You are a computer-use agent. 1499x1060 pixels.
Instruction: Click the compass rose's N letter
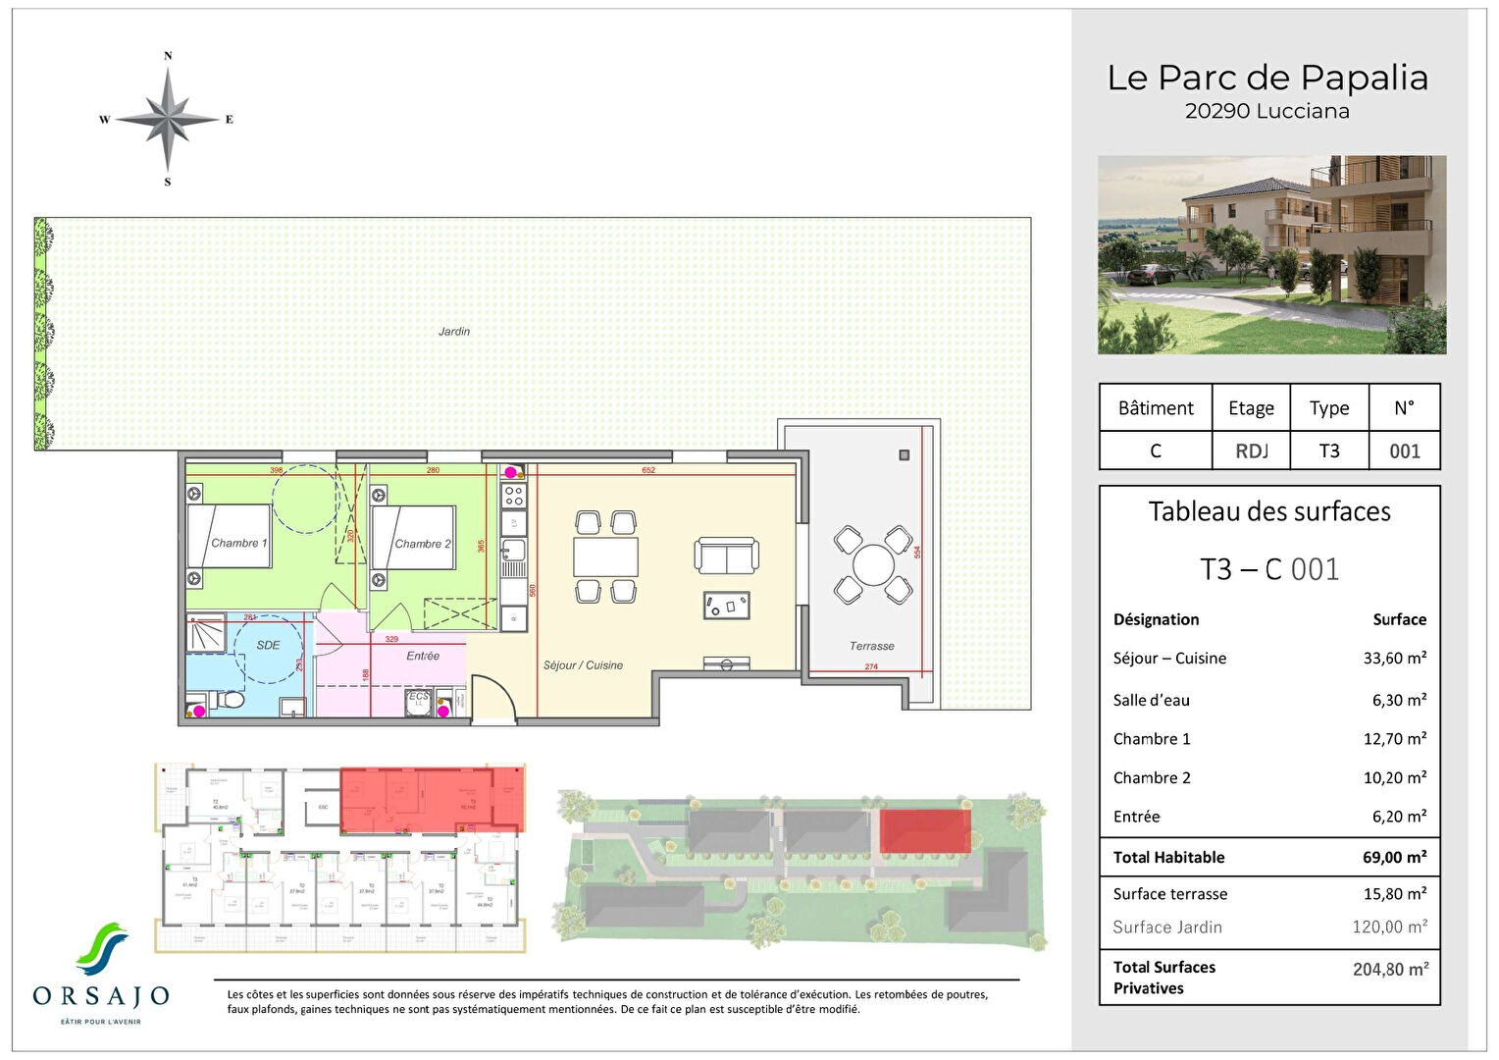click(x=168, y=56)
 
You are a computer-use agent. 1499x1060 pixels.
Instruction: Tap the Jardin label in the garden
click(x=453, y=332)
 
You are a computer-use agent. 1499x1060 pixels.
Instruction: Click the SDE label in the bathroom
click(x=268, y=645)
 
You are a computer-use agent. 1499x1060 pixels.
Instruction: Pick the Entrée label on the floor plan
click(x=423, y=656)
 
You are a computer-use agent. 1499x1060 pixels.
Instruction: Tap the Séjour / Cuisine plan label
click(x=583, y=665)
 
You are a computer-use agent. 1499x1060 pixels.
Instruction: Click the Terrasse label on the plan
click(x=871, y=646)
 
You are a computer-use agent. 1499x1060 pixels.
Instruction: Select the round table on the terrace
click(x=873, y=565)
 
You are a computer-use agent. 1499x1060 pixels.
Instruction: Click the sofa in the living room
click(x=726, y=556)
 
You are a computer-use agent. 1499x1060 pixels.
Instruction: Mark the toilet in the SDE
click(x=230, y=702)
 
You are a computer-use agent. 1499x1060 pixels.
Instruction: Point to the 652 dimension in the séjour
click(x=648, y=470)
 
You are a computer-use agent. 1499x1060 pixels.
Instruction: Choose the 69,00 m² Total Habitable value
click(x=1394, y=857)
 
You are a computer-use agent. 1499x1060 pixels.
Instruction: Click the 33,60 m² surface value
click(x=1394, y=659)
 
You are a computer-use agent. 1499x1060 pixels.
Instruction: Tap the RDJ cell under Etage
click(x=1251, y=451)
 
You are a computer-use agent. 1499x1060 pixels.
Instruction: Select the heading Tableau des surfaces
click(x=1269, y=511)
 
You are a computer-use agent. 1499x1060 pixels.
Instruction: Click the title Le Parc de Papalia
click(x=1267, y=78)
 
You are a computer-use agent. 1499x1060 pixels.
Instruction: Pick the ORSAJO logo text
click(x=101, y=996)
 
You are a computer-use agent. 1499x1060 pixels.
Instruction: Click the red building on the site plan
click(x=924, y=830)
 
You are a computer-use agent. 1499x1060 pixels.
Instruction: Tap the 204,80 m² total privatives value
click(x=1390, y=969)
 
